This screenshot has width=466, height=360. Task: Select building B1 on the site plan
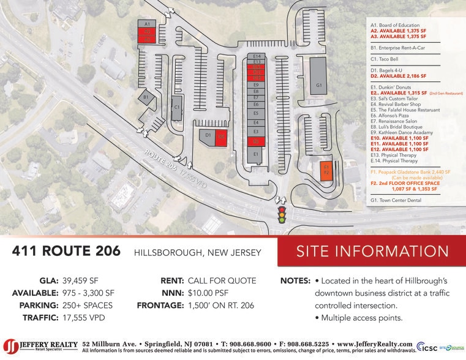coord(146,97)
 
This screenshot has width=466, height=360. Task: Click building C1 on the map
coord(176,108)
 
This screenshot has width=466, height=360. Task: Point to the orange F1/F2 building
coord(326,170)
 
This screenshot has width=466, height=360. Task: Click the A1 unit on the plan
coord(147,23)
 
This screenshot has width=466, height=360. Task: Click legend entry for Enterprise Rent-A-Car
coord(398,47)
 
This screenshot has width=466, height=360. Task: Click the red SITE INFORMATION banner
coord(372,252)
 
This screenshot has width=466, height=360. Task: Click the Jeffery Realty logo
coord(40,346)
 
